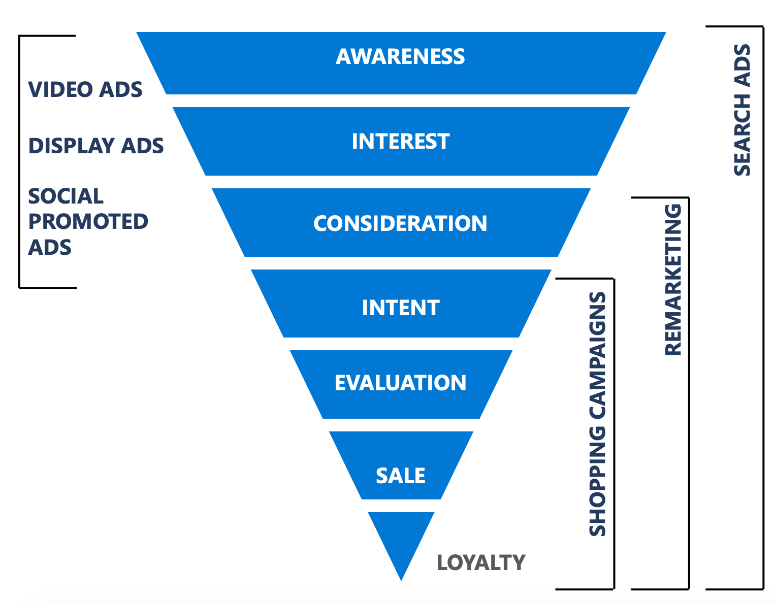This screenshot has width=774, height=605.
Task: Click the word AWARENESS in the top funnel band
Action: pos(400,56)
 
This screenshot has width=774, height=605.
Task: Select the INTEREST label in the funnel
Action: pos(400,141)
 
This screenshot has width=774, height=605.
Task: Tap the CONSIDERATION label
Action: pos(400,223)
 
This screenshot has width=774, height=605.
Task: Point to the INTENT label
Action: pos(400,308)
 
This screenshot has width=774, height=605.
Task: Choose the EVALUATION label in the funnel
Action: pos(400,383)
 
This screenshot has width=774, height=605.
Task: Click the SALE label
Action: pos(400,476)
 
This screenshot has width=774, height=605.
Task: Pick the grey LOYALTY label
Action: pos(480,562)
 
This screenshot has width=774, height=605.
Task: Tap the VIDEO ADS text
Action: pos(85,90)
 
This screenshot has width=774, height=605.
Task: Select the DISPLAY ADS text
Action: pos(95,146)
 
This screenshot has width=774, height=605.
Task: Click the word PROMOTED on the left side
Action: pos(88,221)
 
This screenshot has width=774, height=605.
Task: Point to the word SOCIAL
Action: pos(66,196)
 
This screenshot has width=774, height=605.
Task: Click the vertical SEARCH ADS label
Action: pos(742,110)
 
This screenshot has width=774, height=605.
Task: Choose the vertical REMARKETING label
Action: pos(673,279)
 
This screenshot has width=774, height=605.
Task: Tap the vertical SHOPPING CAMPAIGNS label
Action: pos(598,414)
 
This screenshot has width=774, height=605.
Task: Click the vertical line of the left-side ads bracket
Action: pos(19,161)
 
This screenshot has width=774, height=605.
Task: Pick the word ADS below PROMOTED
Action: pos(49,247)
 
